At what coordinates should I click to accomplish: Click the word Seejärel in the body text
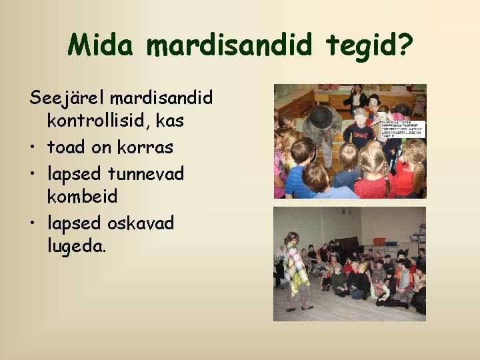pos(66,98)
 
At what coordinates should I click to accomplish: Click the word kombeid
pos(82,197)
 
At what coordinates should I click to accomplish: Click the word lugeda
pos(76,247)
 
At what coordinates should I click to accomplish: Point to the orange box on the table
pos(379,241)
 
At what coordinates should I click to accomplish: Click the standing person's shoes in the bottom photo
pos(297,307)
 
